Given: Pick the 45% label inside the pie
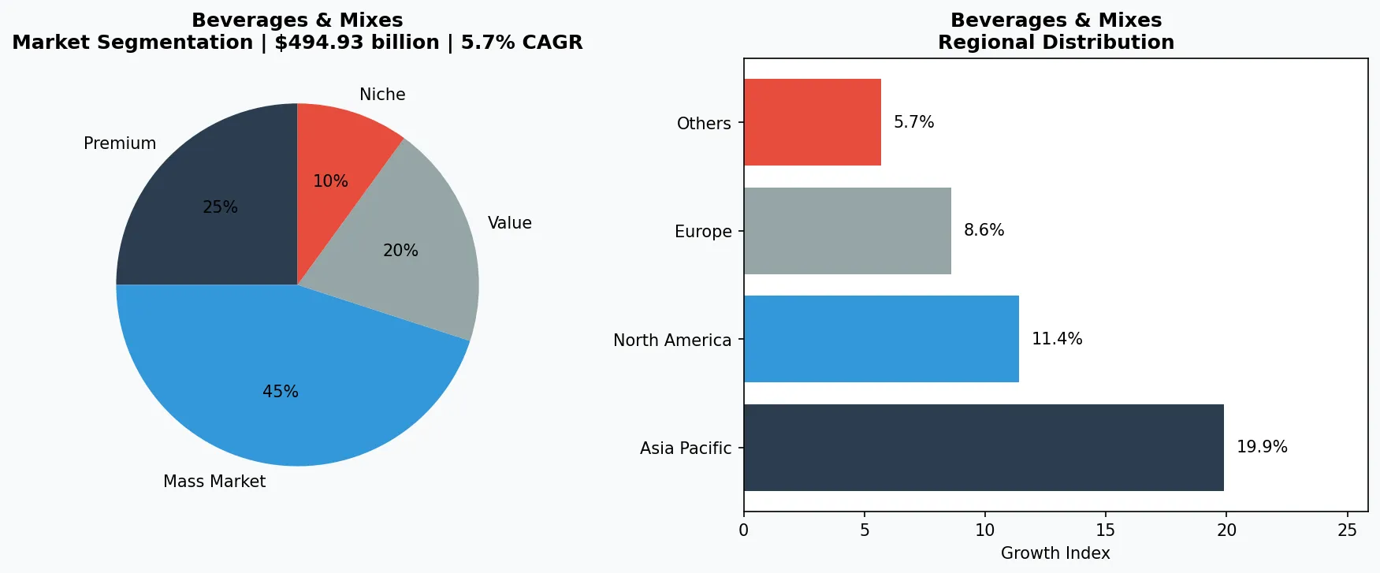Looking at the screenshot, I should [x=281, y=392].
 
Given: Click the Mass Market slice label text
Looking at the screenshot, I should [x=214, y=482].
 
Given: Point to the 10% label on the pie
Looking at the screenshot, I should [x=330, y=181].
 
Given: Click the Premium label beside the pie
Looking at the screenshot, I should [x=120, y=143].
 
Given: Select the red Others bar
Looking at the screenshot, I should [x=812, y=122].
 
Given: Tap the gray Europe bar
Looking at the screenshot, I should [x=847, y=231].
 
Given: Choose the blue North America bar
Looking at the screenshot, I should [x=881, y=339].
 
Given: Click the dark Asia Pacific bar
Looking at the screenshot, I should [x=984, y=448].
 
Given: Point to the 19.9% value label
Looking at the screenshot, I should [x=1262, y=447].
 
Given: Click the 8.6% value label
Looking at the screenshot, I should [x=984, y=230].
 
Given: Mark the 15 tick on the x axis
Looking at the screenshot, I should [x=1106, y=530].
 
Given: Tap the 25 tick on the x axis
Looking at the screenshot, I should [x=1347, y=530].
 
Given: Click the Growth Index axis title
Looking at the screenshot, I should [x=1055, y=553].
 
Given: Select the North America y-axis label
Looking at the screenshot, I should [x=672, y=340].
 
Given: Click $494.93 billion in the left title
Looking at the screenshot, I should [x=356, y=43].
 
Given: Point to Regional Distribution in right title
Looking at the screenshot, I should [x=1056, y=43].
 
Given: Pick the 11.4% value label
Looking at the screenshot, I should [x=1057, y=339].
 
